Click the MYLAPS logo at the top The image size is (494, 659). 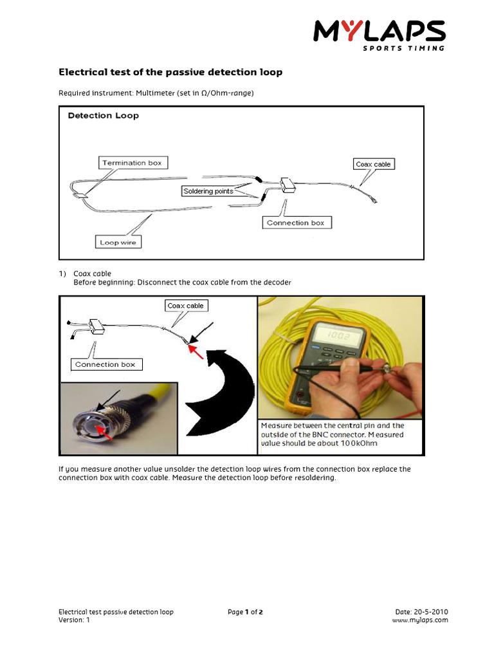coord(380,35)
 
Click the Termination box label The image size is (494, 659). coord(132,163)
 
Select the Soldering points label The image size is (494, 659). coord(207,191)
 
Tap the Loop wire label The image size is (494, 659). coord(119,243)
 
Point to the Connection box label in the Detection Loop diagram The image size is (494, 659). coord(297,223)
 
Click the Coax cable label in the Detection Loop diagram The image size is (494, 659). coord(373,164)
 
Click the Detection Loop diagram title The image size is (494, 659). coord(104,116)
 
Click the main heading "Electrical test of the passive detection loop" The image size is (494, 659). coord(170,72)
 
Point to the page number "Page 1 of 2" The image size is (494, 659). coord(245,612)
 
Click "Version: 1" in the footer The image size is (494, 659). coord(75,620)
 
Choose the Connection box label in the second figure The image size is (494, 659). coord(105,364)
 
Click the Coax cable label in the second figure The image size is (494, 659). coord(185,306)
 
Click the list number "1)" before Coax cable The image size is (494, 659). coord(62,273)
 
